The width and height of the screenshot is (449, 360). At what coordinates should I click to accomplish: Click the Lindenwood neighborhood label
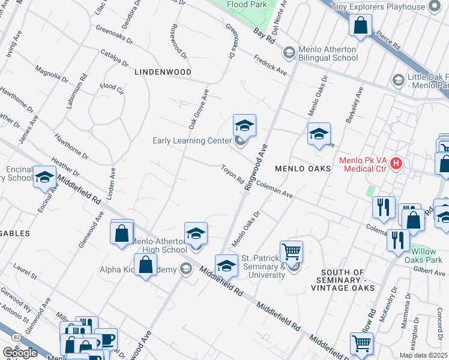coord(163,72)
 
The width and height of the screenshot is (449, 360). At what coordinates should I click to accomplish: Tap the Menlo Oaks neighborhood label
coord(303,169)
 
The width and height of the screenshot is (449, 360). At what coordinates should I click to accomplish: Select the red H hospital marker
coord(396,163)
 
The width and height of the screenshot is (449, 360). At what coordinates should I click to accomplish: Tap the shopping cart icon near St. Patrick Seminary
coord(291,252)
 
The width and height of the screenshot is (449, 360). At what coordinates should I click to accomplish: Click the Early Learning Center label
coord(191,141)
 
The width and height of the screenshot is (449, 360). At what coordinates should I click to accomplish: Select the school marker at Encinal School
coord(44,177)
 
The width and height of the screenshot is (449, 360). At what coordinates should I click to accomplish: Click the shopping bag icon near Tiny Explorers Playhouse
coord(360,26)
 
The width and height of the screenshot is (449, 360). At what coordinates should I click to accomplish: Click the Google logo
coord(20,353)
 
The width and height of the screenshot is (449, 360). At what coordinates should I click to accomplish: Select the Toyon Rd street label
coord(232,175)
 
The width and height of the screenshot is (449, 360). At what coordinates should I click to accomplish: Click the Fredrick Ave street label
coord(270,65)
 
